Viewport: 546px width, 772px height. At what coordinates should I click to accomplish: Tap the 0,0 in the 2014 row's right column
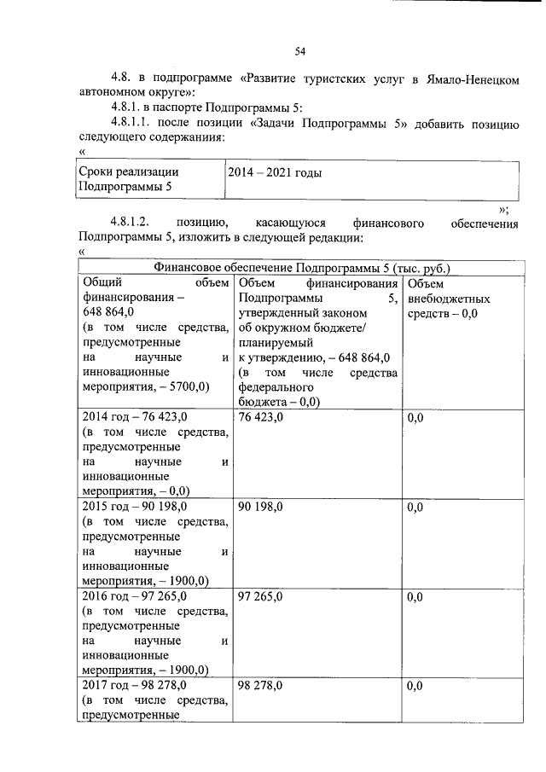(x=415, y=417)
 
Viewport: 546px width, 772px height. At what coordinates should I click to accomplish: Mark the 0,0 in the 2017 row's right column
(x=415, y=685)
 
